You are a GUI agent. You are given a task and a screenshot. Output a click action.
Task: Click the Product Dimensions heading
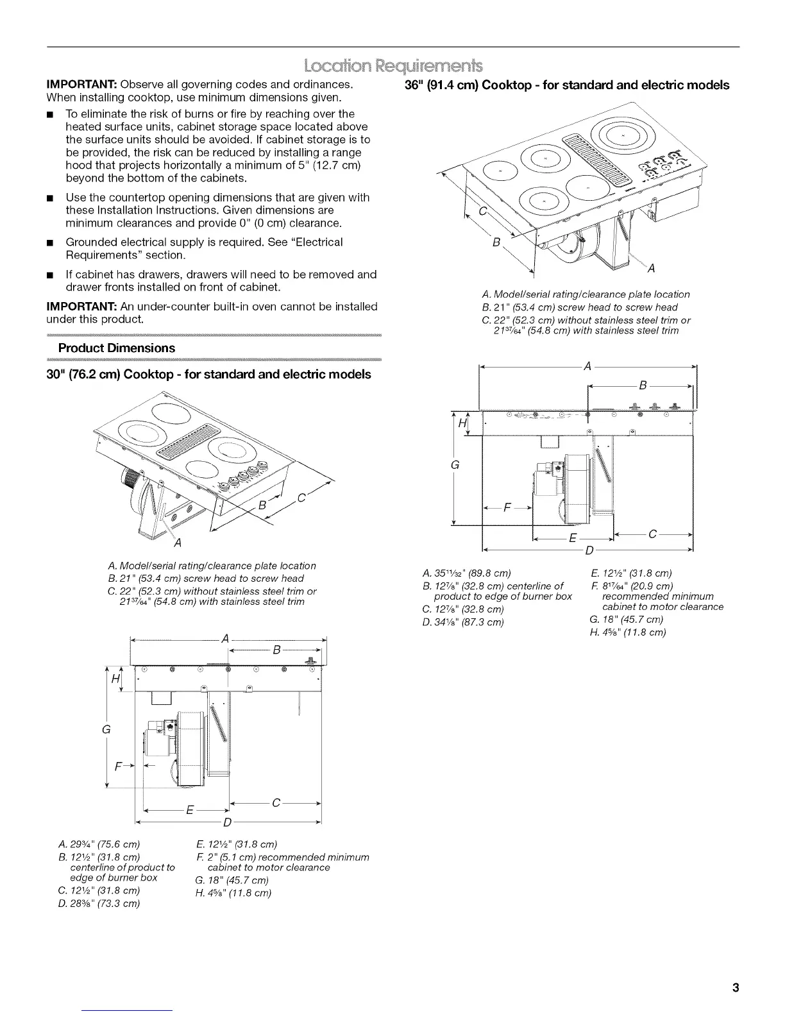click(116, 348)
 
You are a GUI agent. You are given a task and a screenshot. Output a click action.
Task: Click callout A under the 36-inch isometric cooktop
click(651, 268)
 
